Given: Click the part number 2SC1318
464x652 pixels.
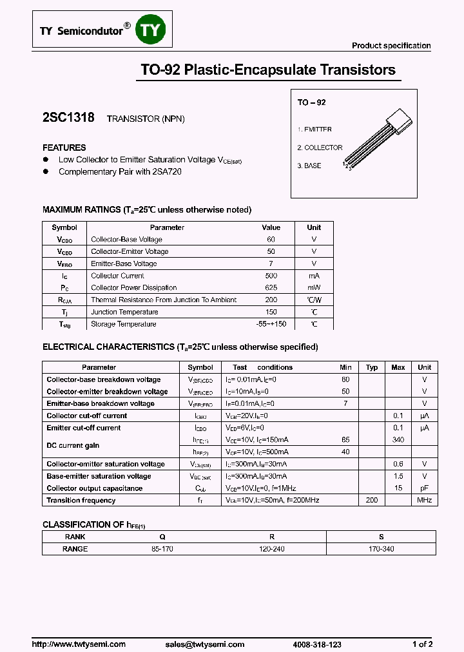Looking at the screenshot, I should [x=68, y=118].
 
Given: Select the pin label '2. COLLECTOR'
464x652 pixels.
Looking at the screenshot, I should [x=320, y=148].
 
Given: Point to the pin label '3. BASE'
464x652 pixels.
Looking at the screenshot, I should [x=309, y=166].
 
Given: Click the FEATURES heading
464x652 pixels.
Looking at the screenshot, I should [x=64, y=148].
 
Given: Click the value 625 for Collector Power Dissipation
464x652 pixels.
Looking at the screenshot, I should [x=271, y=288].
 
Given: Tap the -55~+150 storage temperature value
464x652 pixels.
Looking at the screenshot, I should [x=271, y=324].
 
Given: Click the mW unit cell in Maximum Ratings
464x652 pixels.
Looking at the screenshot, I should [x=314, y=288].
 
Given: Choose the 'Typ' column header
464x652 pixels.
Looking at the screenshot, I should [x=372, y=367].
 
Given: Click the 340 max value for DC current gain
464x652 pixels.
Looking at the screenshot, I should [x=398, y=440].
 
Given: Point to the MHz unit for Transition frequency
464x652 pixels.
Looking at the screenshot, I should [x=424, y=501].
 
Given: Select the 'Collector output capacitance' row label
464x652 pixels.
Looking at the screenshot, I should [x=94, y=488].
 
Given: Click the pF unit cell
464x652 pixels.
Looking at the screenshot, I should [x=424, y=488].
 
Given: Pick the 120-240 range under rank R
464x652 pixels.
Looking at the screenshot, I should [x=271, y=549].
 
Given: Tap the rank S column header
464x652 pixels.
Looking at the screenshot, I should [x=381, y=537].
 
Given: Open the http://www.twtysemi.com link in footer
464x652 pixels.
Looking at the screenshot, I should [x=79, y=644].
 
